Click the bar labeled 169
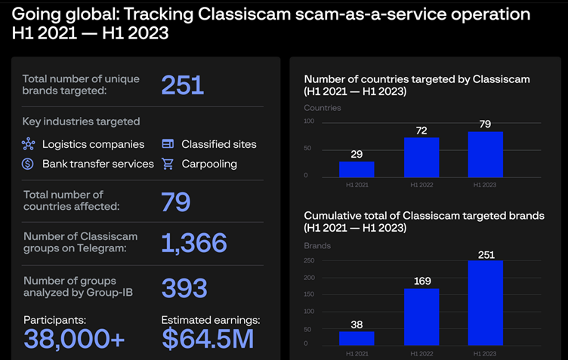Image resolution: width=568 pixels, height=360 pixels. coord(421,316)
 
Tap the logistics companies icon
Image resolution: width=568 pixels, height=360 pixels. coord(28,143)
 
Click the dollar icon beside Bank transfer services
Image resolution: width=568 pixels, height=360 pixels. coord(28,163)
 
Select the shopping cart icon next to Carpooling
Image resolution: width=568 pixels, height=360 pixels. coord(168,163)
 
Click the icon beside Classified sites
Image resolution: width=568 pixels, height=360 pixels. coord(168,143)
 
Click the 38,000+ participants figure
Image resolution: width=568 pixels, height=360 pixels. coord(74,338)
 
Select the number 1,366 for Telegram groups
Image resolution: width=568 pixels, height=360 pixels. coord(193,243)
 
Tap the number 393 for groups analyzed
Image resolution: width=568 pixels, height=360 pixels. coord(184,288)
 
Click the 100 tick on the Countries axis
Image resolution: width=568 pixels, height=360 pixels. coord(310,122)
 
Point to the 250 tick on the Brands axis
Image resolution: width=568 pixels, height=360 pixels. coord(310,261)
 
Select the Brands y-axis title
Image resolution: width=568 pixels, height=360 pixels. coord(317,245)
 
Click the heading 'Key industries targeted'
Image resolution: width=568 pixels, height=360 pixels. coord(81,121)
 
